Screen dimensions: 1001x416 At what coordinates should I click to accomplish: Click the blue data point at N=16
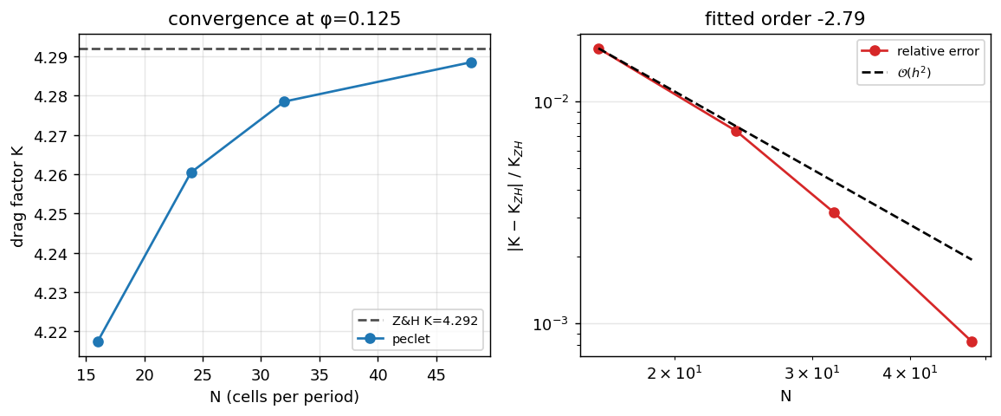pyautogui.click(x=98, y=341)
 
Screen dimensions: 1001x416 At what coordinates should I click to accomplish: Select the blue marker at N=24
pyautogui.click(x=191, y=172)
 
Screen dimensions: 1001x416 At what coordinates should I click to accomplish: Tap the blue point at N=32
pyautogui.click(x=285, y=101)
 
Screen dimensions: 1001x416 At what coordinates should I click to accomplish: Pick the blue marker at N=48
pyautogui.click(x=471, y=62)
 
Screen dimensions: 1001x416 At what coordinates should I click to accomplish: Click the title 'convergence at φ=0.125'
pyautogui.click(x=284, y=18)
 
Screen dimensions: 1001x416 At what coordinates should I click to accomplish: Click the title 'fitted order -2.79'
pyautogui.click(x=785, y=18)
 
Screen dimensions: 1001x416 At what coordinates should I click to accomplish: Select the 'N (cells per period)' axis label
pyautogui.click(x=284, y=397)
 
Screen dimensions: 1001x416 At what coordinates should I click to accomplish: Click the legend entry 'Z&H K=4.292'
pyautogui.click(x=418, y=321)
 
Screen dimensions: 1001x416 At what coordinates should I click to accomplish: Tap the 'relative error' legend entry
pyautogui.click(x=920, y=51)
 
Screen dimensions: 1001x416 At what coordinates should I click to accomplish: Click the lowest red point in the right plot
pyautogui.click(x=972, y=341)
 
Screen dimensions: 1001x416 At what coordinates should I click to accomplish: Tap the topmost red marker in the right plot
pyautogui.click(x=598, y=49)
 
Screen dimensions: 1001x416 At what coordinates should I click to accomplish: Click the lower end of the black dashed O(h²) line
pyautogui.click(x=972, y=259)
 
